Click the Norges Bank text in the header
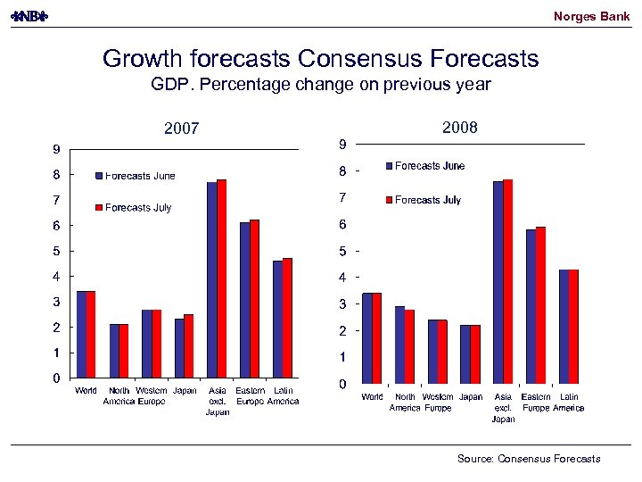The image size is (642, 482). [591, 16]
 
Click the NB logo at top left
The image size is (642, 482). [29, 17]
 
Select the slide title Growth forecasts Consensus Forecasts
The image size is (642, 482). [320, 59]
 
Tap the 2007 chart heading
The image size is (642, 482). [181, 129]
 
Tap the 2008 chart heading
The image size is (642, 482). [459, 128]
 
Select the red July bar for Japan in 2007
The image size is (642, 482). [189, 346]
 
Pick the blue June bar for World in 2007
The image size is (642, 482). [81, 335]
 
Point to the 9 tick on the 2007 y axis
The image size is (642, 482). [55, 149]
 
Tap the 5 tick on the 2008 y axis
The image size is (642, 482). [342, 252]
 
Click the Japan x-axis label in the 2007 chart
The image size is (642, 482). [185, 391]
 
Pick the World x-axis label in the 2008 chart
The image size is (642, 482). [373, 397]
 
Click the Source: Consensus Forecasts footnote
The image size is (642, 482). [529, 459]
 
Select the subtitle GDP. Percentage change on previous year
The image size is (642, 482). [320, 86]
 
